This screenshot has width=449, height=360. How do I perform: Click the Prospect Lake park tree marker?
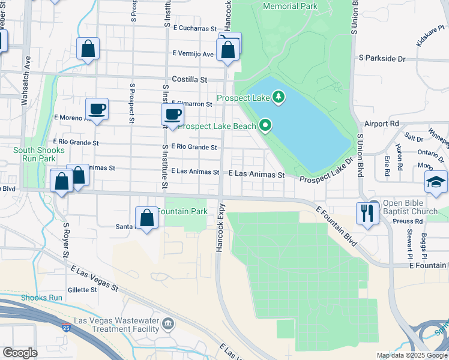click(x=278, y=96)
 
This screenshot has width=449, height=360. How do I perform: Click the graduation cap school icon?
click(x=436, y=182)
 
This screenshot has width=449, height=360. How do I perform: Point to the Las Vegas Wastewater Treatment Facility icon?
click(x=168, y=325)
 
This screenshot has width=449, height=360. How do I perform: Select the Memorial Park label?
click(x=289, y=7)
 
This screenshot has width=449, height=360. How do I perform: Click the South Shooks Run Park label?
click(x=35, y=154)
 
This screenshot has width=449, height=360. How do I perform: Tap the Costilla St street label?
click(x=189, y=79)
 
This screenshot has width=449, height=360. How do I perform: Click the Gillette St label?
click(x=82, y=290)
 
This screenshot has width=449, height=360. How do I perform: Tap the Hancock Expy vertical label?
click(x=221, y=226)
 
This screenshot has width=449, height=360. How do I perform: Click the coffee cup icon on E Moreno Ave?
click(x=97, y=110)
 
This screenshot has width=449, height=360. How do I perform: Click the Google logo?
click(x=20, y=352)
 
